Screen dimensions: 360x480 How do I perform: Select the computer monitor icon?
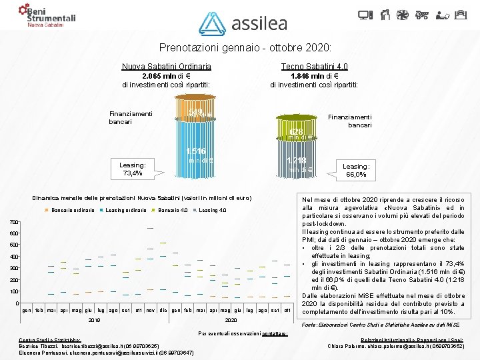tap(383, 14)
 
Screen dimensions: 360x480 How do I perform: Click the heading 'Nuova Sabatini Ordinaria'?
tap(167, 67)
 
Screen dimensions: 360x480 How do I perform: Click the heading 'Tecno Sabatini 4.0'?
tap(314, 67)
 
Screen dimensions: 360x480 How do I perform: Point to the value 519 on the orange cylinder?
tap(195, 112)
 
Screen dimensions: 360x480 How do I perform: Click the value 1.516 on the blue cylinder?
tap(196, 152)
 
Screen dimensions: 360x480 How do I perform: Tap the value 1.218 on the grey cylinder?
tap(297, 161)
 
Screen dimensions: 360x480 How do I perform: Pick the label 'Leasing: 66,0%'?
tap(356, 170)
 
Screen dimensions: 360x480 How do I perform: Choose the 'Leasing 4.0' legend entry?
tap(213, 211)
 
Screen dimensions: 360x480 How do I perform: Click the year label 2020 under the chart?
tap(231, 320)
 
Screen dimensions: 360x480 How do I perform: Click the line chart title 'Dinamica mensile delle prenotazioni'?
tap(143, 198)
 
